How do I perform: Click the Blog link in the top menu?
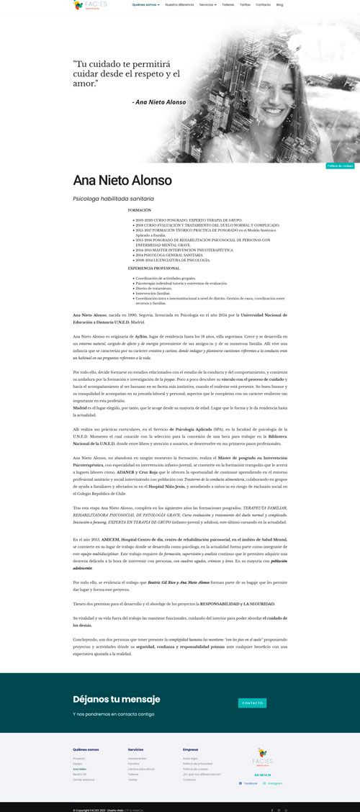[x=279, y=4]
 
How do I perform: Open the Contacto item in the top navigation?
[x=264, y=4]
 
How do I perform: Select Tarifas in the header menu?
[x=245, y=4]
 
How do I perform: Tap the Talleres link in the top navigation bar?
[x=228, y=4]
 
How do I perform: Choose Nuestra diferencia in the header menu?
[x=179, y=4]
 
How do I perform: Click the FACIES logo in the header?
[x=89, y=5]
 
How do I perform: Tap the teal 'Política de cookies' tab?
[x=340, y=166]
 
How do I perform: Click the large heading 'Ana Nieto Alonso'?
[x=122, y=180]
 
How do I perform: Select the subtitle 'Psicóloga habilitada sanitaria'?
[x=114, y=198]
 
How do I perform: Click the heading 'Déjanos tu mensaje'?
[x=117, y=699]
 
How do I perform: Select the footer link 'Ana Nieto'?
[x=79, y=769]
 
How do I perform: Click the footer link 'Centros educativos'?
[x=141, y=769]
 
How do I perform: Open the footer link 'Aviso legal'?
[x=190, y=758]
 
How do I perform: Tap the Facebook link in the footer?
[x=249, y=782]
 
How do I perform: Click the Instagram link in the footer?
[x=274, y=782]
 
